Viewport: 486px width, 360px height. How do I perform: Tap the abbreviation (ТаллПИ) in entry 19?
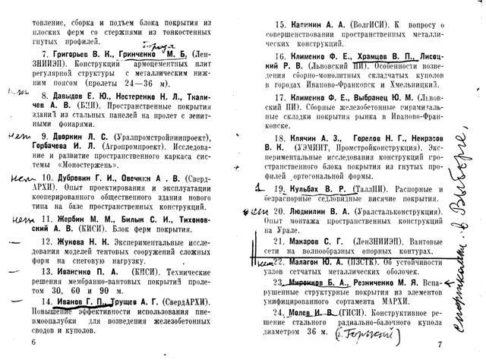(374, 188)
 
